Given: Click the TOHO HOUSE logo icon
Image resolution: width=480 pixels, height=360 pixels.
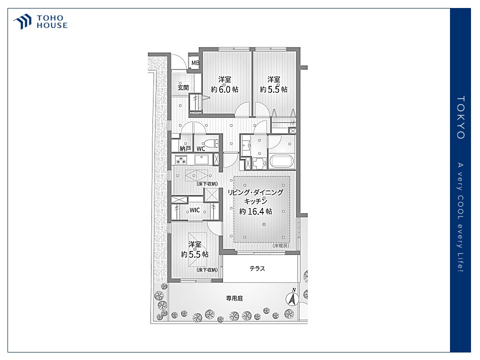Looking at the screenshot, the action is point(22,21).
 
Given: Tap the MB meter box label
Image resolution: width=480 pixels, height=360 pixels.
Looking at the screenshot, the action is point(195,63).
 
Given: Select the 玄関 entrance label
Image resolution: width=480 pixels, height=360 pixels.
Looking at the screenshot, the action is point(183,87).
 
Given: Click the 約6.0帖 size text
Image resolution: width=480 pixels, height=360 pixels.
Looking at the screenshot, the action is point(224,89).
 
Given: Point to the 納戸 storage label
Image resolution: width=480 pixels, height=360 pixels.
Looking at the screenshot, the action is point(185,148).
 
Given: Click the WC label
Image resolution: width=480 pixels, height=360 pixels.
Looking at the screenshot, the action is point(200,149).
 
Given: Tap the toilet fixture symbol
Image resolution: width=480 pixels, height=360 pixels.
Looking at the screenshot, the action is point(211,143).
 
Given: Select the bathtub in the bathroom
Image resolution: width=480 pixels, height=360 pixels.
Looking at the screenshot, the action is point(281,161).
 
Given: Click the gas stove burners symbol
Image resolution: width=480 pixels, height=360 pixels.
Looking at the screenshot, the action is point(180,159).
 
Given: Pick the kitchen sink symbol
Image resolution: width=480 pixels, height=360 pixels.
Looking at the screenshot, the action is point(201,159).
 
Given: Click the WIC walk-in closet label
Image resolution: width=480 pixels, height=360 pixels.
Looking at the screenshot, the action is point(194,210).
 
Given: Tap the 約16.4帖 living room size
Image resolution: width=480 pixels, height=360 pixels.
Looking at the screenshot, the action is point(255,211).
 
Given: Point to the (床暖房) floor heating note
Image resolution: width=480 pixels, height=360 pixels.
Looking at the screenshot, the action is point(280,245).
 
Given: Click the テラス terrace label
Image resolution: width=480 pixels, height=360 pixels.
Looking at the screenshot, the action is point(257,268).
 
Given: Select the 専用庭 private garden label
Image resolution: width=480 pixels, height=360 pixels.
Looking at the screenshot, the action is point(234,298).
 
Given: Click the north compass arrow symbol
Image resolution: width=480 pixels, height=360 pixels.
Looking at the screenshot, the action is point(292,298).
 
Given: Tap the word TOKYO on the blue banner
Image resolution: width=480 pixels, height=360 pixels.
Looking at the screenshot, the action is point(460,117).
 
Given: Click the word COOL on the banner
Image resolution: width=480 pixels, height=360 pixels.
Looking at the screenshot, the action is point(460,208).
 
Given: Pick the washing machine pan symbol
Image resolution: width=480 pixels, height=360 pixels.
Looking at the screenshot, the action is point(259,163).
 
